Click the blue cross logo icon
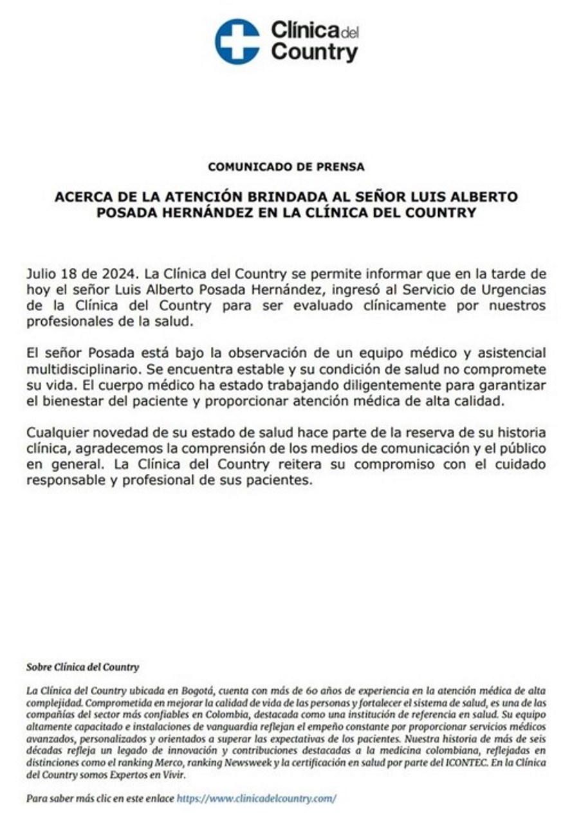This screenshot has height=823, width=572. pos(237,41)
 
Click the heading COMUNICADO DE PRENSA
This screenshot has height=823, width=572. pos(286,167)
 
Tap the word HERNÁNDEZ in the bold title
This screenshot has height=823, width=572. pos(199,212)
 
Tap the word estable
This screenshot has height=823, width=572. pos(251,370)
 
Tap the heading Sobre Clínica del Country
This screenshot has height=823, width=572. pos(82,667)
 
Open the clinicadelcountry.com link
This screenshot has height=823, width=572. pos(256,799)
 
